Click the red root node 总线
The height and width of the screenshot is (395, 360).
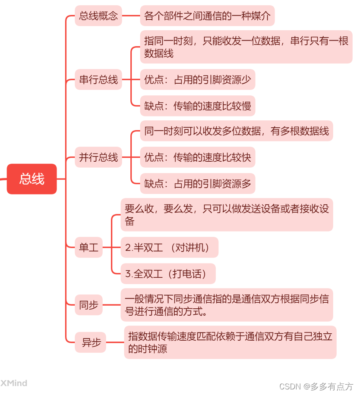point(32,179)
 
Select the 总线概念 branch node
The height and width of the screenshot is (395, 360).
point(98,16)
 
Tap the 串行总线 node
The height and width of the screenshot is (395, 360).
point(98,80)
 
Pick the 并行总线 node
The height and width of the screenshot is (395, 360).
point(98,157)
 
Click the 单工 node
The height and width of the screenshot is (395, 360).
point(88,248)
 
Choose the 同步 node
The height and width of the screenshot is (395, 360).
point(88,305)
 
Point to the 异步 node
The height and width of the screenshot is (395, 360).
point(91,343)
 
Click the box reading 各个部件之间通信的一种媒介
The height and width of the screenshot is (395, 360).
point(207,16)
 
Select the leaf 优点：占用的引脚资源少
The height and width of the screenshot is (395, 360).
point(198,80)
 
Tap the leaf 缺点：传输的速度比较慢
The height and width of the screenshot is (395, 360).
point(198,106)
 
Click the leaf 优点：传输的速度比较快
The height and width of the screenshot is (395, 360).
point(198,157)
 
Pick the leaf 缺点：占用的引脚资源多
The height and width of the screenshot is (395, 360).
point(198,184)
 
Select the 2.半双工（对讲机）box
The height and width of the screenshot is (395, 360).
point(169,248)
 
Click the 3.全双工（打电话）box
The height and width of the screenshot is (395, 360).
point(168,273)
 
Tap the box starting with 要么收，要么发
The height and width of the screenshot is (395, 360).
point(227,215)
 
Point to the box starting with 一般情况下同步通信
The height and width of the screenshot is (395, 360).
point(227,305)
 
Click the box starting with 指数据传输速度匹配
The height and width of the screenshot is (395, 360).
point(230,342)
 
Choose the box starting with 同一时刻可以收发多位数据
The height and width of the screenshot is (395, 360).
point(237,131)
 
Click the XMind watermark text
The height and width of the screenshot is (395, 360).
point(14,383)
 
